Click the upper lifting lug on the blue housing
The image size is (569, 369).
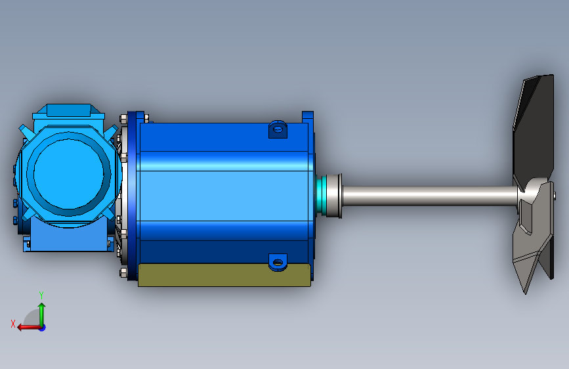click(x=278, y=129)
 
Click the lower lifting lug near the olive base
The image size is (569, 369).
click(x=278, y=262)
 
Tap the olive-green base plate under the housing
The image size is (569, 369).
click(x=224, y=275)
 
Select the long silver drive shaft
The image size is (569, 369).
click(x=430, y=196)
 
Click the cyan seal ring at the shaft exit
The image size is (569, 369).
click(x=320, y=196)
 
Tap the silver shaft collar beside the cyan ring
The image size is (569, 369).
click(x=333, y=196)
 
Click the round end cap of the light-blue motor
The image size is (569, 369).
click(x=69, y=173)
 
